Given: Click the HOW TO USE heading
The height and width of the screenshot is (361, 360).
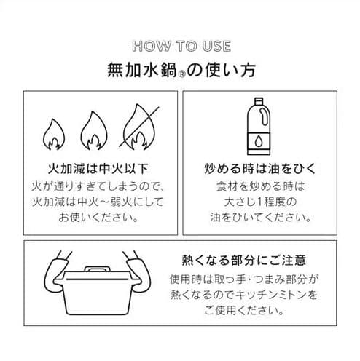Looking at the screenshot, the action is coord(181,46).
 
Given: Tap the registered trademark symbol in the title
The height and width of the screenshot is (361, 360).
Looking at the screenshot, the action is coord(181,74).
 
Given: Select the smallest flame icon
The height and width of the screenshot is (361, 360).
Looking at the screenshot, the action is coord(54,134).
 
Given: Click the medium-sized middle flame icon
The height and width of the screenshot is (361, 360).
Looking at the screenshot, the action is coord(94,130).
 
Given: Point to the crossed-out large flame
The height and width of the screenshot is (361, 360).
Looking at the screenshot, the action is coord(139,127).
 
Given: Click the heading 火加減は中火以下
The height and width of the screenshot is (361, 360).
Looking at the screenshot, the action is coord(98,169).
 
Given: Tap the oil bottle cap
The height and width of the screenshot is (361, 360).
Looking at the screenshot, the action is coord(259,101).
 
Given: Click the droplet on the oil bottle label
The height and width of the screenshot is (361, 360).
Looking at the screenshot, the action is coord(259,141).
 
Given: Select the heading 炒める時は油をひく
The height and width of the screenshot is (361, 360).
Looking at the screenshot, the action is coord(259,169).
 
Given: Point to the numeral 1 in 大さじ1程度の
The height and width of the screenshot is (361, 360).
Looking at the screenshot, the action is coord(259,202).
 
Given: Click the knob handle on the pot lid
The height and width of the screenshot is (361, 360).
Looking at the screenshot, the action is coord(97,269).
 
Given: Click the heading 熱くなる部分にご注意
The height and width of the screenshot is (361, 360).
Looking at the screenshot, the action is coord(244,261).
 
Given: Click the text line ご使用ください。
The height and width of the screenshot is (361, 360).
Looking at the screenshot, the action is coord(244,311).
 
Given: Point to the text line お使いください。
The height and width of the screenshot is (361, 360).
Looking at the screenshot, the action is coord(98,217).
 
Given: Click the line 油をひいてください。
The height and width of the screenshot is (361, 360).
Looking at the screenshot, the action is coord(260,218).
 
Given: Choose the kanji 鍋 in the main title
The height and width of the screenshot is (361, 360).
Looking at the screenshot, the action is coord(168,71).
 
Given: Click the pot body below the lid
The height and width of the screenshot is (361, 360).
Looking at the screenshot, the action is coord(97,298).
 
